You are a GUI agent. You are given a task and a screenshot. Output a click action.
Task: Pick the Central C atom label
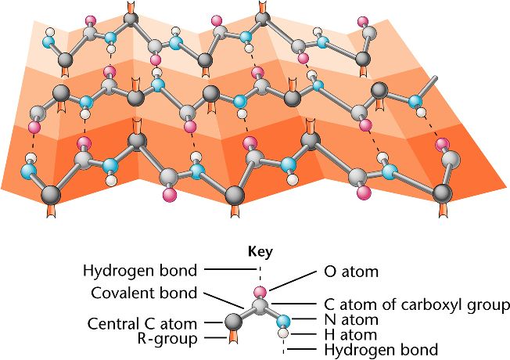pyautogui.click(x=148, y=322)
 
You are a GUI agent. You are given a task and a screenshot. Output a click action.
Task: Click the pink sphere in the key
pyautogui.click(x=260, y=292)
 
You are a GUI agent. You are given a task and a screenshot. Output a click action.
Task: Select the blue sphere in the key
pyautogui.click(x=284, y=320)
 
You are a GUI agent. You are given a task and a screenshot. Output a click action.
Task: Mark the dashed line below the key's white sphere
pyautogui.click(x=284, y=345)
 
